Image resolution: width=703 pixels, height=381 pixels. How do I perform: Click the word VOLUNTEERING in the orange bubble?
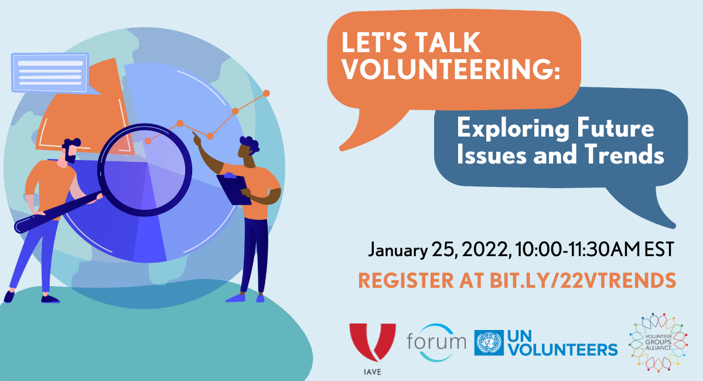coord(451,69)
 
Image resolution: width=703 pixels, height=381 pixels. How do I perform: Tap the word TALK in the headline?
coord(448,42)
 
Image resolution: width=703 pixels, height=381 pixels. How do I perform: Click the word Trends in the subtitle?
coord(624,154)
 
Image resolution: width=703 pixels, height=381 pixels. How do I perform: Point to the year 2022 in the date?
coord(485,250)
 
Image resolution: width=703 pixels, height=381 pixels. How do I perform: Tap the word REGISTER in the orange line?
coord(406,280)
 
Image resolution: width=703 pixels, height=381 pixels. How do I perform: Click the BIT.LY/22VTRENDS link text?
coord(583,280)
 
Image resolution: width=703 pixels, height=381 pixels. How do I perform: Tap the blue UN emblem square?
coord(489,343)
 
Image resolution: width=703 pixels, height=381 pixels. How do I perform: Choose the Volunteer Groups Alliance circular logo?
coord(658,342)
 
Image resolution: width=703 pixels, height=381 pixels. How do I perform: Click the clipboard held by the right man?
coord(234,189)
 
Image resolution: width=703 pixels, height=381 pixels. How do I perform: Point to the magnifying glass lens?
coord(145,170)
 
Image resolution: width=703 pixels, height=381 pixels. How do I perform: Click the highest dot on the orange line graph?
coord(266,93)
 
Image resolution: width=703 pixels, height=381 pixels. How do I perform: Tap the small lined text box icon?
coord(50,73)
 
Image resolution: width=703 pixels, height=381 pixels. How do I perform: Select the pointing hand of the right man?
coord(197,138)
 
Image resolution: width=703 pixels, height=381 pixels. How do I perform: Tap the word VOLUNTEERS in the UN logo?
coord(563,349)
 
